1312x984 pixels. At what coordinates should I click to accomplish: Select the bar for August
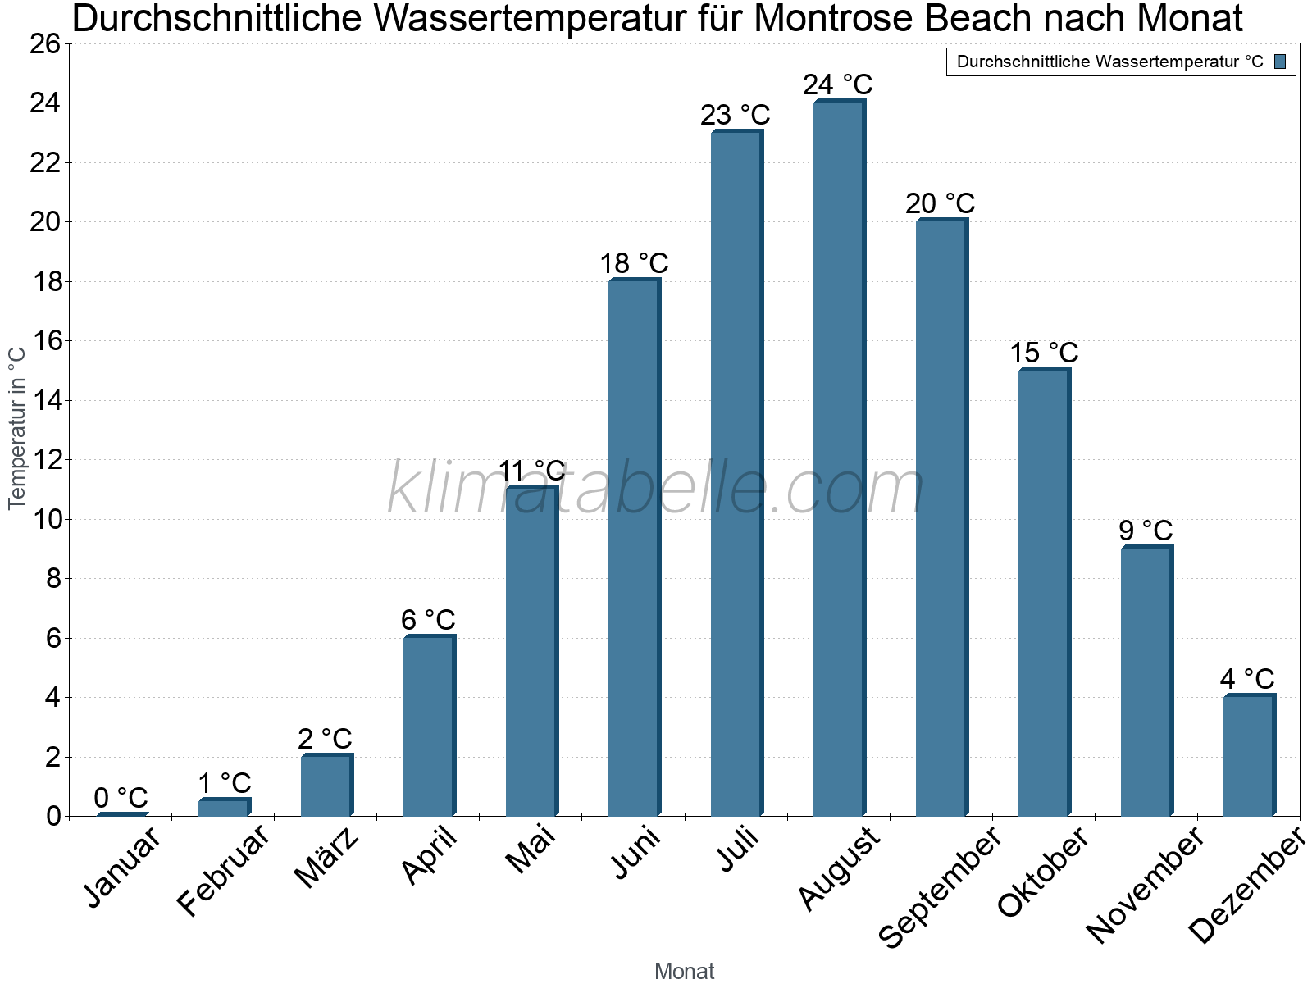coord(839,459)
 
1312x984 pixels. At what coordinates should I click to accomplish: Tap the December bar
coord(1249,755)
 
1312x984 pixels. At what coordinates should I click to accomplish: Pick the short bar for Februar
coord(224,807)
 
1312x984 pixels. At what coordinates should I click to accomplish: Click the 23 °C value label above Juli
coord(735,115)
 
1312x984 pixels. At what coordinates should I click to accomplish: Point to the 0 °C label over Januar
coord(121,797)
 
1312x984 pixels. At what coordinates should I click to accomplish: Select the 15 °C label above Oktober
coord(1043,353)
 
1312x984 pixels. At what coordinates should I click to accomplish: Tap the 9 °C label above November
coord(1146,531)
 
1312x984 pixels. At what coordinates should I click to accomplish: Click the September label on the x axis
coord(940,886)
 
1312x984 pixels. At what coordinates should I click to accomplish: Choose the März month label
coord(326,858)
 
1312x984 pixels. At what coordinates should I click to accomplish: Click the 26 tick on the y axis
coord(45,43)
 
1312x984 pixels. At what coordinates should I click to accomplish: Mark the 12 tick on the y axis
coord(45,460)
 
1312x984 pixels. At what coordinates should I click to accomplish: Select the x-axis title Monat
coord(684,971)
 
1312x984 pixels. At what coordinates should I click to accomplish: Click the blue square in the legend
coord(1280,61)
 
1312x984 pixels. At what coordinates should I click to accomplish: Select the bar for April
coord(429,726)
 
